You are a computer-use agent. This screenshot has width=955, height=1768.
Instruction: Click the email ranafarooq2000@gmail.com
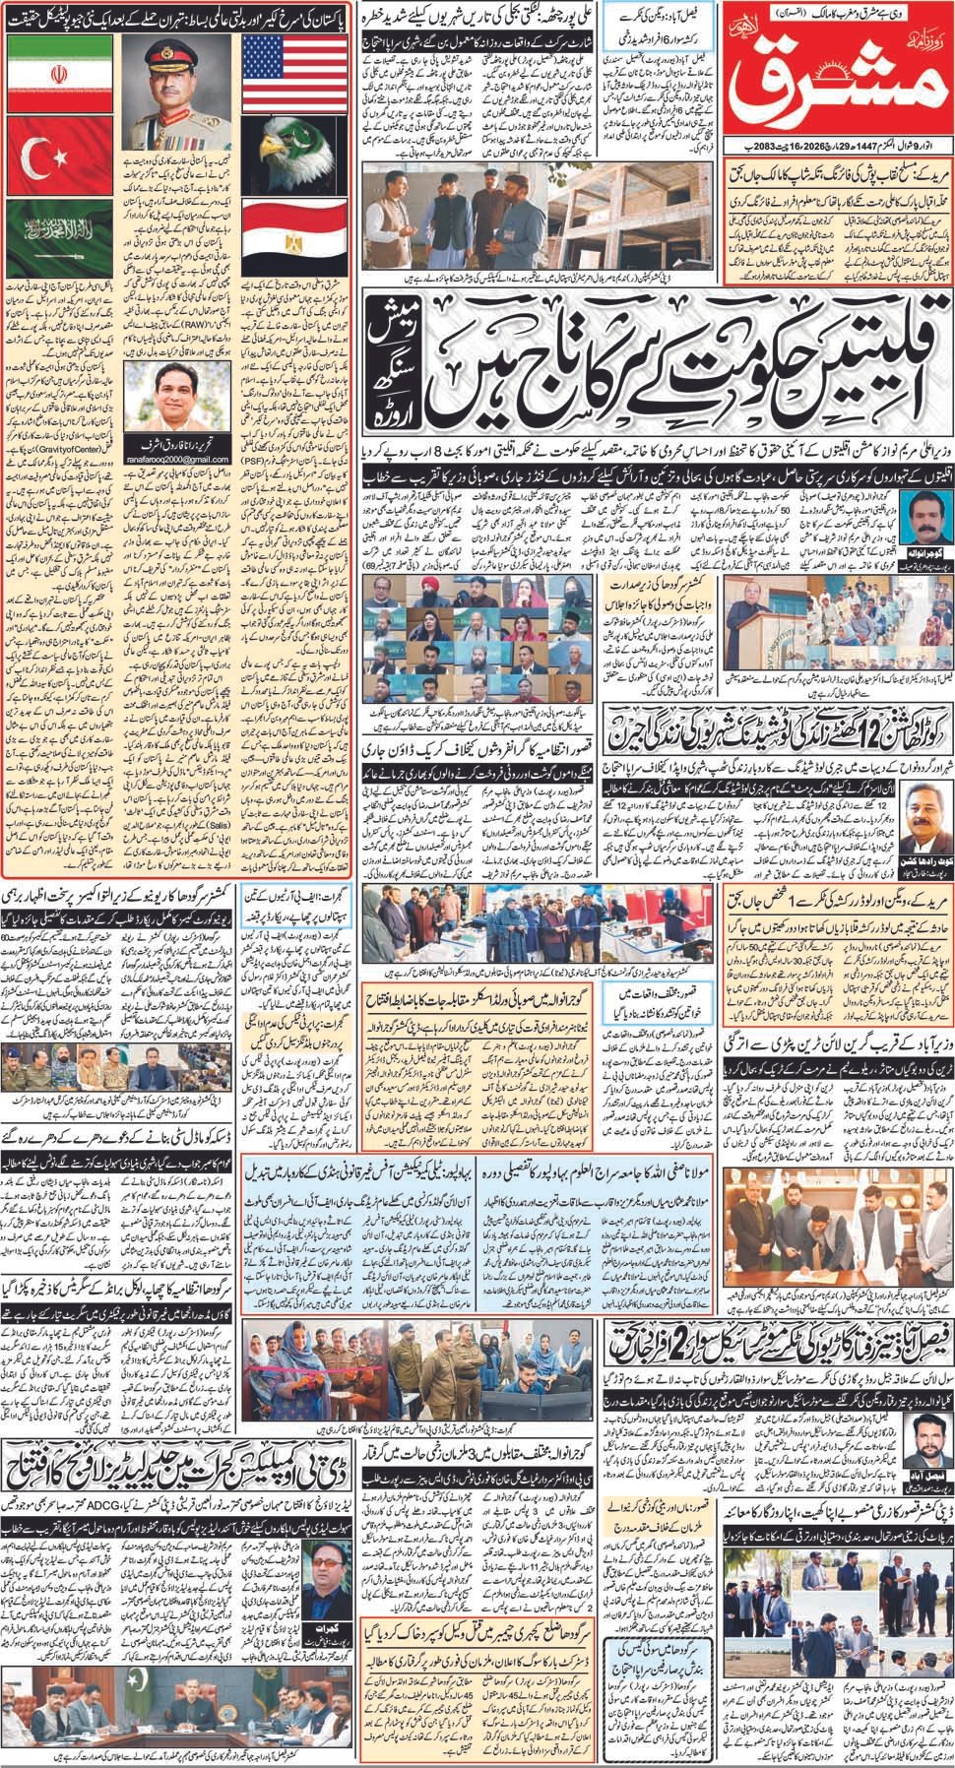pos(177,443)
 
